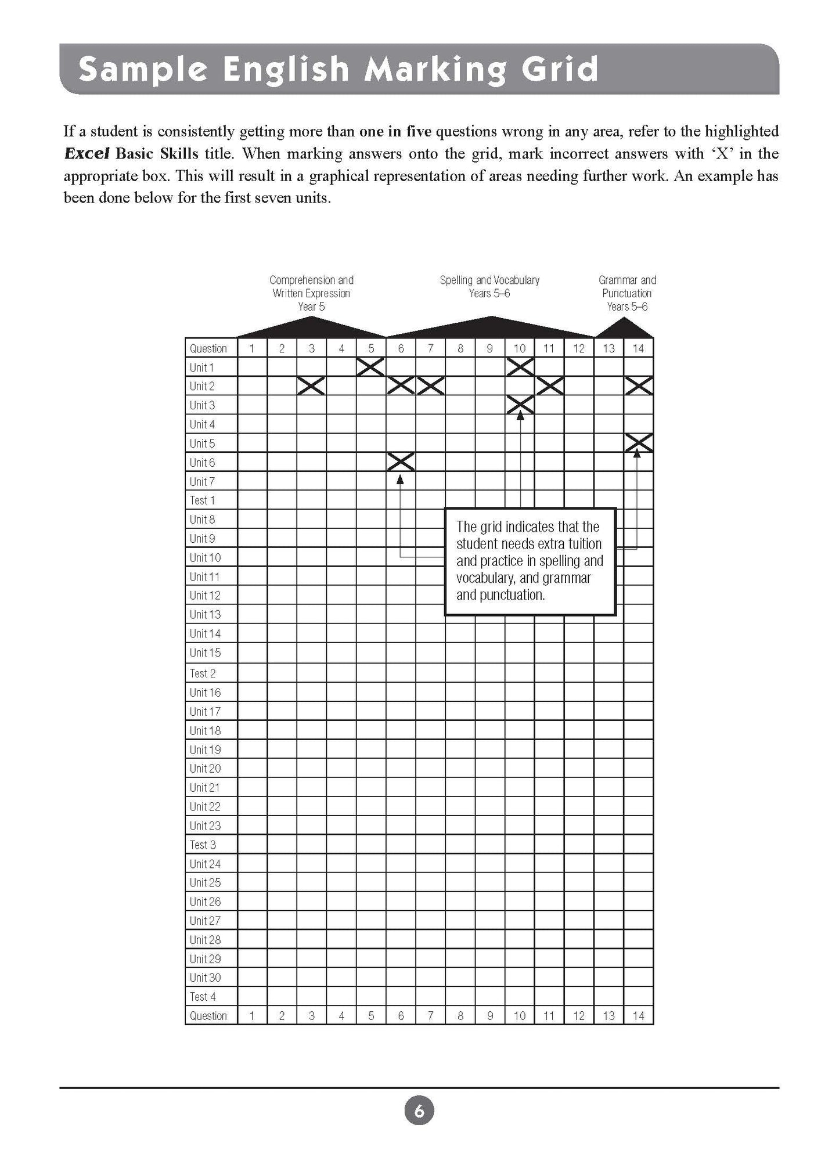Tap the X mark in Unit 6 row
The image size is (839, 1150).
(x=401, y=462)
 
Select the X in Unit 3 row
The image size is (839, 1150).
(x=520, y=405)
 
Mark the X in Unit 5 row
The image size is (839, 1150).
(x=638, y=443)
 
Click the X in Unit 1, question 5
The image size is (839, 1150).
(x=371, y=366)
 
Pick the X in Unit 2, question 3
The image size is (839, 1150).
(x=311, y=385)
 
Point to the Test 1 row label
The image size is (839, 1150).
(x=202, y=500)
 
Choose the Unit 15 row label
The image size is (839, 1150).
(x=205, y=652)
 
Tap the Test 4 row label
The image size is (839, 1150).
(x=203, y=997)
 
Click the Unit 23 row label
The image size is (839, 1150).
(x=205, y=825)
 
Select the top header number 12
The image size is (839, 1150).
(x=579, y=348)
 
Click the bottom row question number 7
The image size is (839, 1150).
(x=430, y=1016)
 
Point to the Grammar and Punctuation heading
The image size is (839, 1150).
(x=627, y=293)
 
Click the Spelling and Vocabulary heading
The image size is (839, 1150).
(x=489, y=286)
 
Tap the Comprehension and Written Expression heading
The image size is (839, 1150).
(x=311, y=293)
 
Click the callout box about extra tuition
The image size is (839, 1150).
(x=530, y=561)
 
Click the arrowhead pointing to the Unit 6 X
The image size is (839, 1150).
(x=400, y=479)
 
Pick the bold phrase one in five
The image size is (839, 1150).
(x=395, y=132)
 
